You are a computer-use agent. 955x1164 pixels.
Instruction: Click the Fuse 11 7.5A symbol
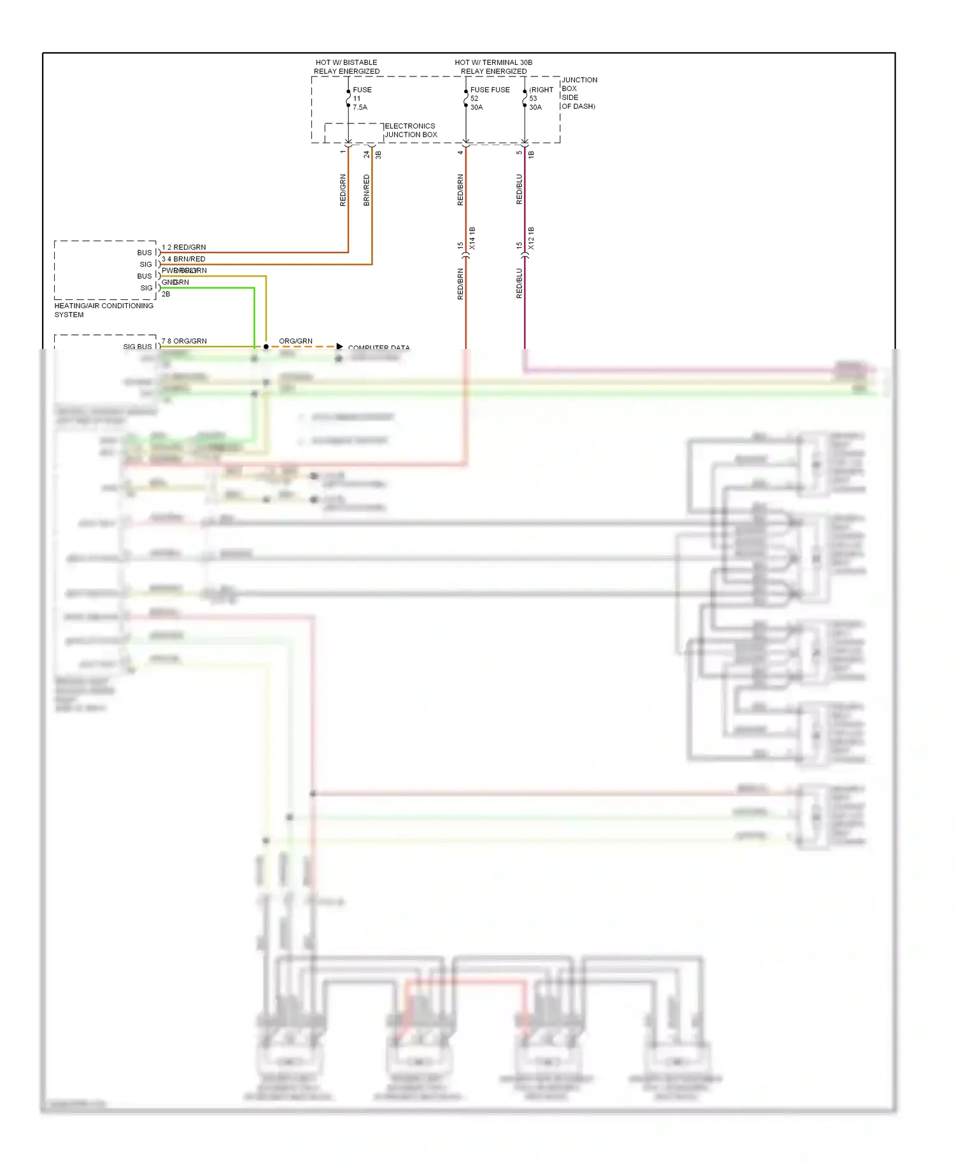point(348,99)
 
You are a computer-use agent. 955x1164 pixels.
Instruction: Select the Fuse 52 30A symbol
point(466,99)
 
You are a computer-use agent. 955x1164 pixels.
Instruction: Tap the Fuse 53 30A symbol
point(525,99)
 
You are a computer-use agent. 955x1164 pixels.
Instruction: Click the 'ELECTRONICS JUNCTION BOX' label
point(411,131)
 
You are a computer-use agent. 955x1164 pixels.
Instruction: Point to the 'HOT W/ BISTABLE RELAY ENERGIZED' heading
point(346,67)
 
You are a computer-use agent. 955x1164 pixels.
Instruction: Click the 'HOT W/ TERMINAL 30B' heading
point(493,62)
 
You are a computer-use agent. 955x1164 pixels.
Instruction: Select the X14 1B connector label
point(472,238)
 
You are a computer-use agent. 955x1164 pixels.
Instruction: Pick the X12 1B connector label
point(531,238)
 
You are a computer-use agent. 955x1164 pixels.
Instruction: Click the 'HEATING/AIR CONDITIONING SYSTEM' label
point(103,310)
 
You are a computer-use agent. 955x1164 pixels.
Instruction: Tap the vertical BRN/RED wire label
point(367,190)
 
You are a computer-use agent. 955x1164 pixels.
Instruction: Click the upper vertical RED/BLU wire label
point(520,189)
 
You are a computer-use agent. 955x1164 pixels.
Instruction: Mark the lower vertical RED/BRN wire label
point(460,284)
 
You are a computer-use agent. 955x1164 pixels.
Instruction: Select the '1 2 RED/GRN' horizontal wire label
point(183,247)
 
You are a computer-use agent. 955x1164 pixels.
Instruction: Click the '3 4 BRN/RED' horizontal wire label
point(183,259)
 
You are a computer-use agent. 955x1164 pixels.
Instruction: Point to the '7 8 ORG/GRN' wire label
point(184,341)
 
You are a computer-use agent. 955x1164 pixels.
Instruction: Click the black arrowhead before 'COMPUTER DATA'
point(340,346)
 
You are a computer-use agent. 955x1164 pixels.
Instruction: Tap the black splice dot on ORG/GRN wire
point(266,346)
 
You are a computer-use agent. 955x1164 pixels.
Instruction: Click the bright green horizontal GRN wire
point(210,288)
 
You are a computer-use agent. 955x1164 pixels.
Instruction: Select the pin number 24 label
point(367,154)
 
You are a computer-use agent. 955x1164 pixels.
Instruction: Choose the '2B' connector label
point(166,294)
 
